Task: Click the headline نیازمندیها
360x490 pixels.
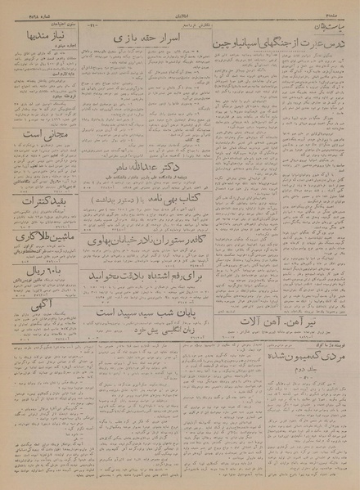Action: tap(37, 37)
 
